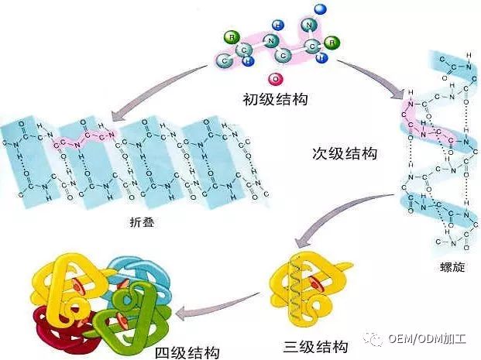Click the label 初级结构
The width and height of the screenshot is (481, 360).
point(271,98)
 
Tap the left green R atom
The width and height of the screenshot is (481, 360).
point(230,37)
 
